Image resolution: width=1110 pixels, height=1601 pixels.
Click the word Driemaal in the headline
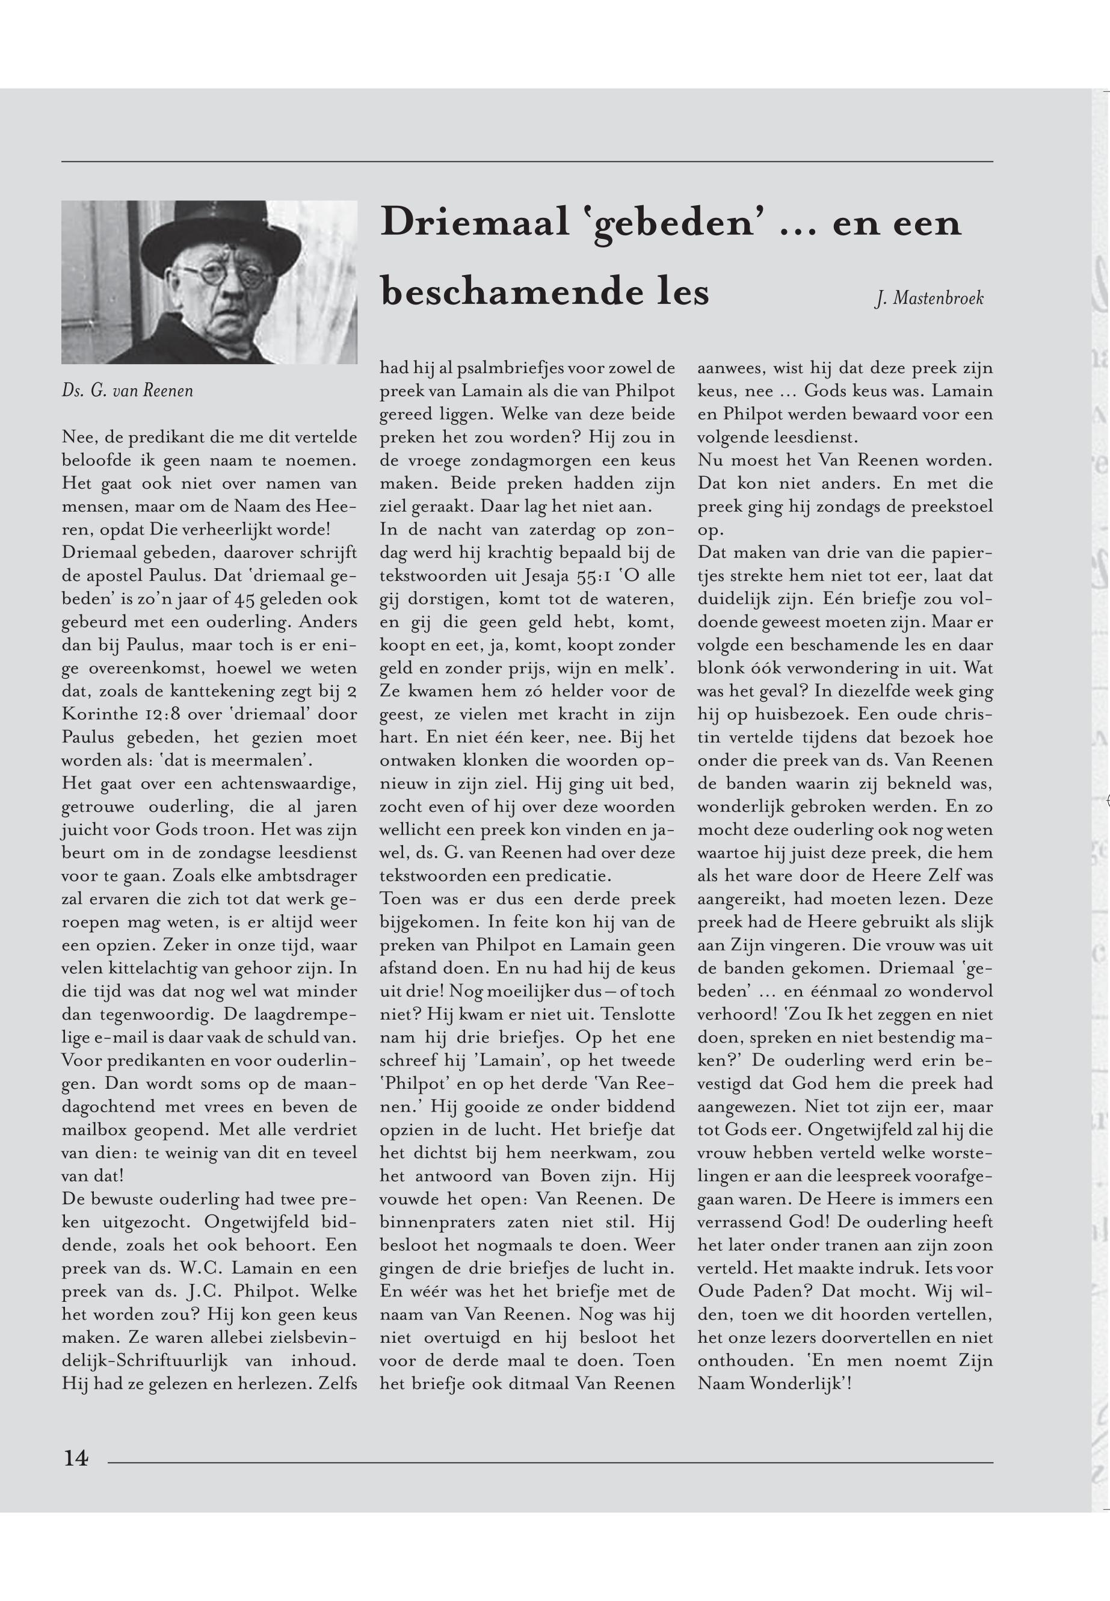474,223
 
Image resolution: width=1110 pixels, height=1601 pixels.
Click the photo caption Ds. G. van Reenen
128,391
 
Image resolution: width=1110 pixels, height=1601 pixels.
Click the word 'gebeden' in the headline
673,223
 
